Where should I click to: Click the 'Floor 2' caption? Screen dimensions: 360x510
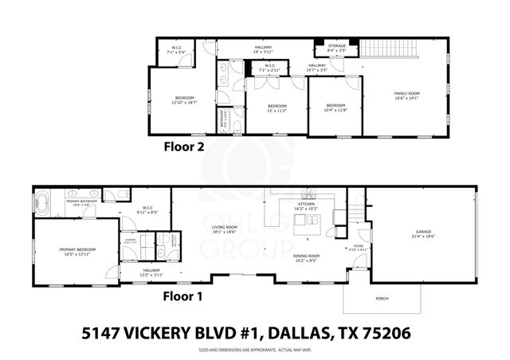coord(184,146)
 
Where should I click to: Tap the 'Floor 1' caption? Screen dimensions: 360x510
coord(184,296)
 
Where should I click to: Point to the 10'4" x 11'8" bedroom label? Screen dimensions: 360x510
coord(335,109)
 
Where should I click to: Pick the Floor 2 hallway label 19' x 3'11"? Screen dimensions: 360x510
coord(263,49)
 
